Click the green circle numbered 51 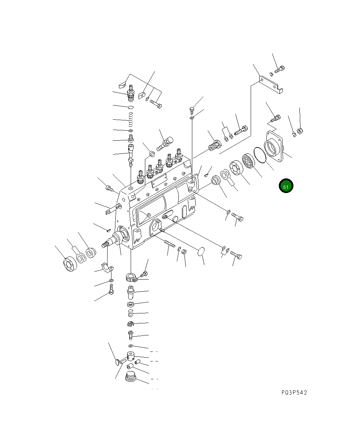pos(286,186)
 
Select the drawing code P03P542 pos(293,393)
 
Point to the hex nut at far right pos(300,131)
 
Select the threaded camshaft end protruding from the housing pos(105,245)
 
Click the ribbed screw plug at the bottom pos(131,377)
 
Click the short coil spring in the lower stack pos(131,313)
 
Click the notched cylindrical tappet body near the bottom pos(131,356)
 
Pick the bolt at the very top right pos(280,69)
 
